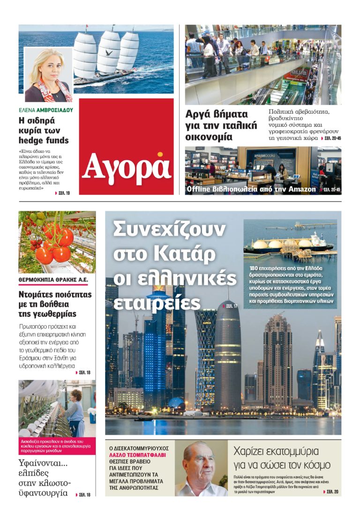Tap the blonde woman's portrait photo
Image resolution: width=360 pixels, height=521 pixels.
(47, 75)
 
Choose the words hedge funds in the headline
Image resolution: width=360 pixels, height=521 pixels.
(44, 140)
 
